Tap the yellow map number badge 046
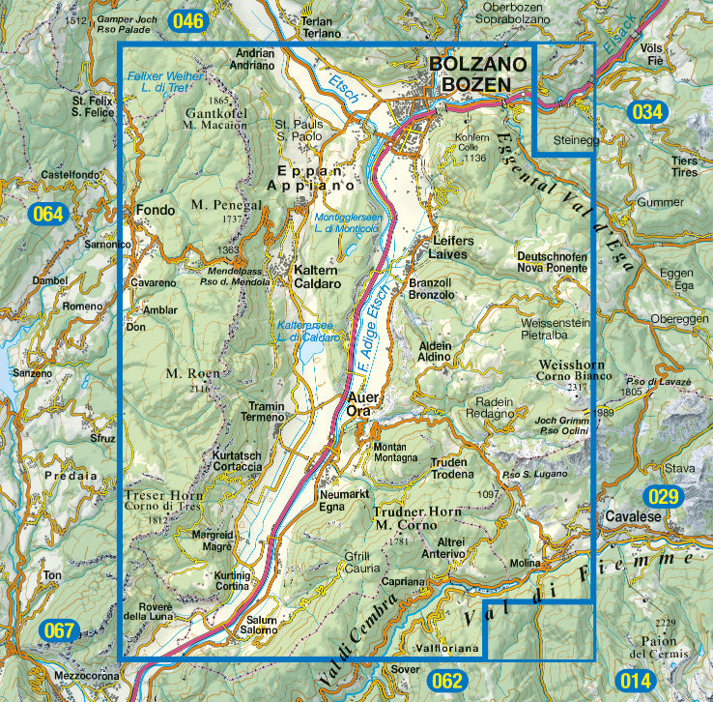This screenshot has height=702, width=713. point(187,20)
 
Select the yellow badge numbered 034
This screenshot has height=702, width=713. point(647,112)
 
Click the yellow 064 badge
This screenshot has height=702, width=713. point(46,214)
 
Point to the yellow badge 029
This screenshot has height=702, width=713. point(665,497)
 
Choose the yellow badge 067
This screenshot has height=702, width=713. point(59,632)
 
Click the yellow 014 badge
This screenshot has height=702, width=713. point(632,681)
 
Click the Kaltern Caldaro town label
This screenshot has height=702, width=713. point(317,278)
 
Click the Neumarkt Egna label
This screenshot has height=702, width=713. point(338,499)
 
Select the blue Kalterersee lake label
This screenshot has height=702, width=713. point(308,332)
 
